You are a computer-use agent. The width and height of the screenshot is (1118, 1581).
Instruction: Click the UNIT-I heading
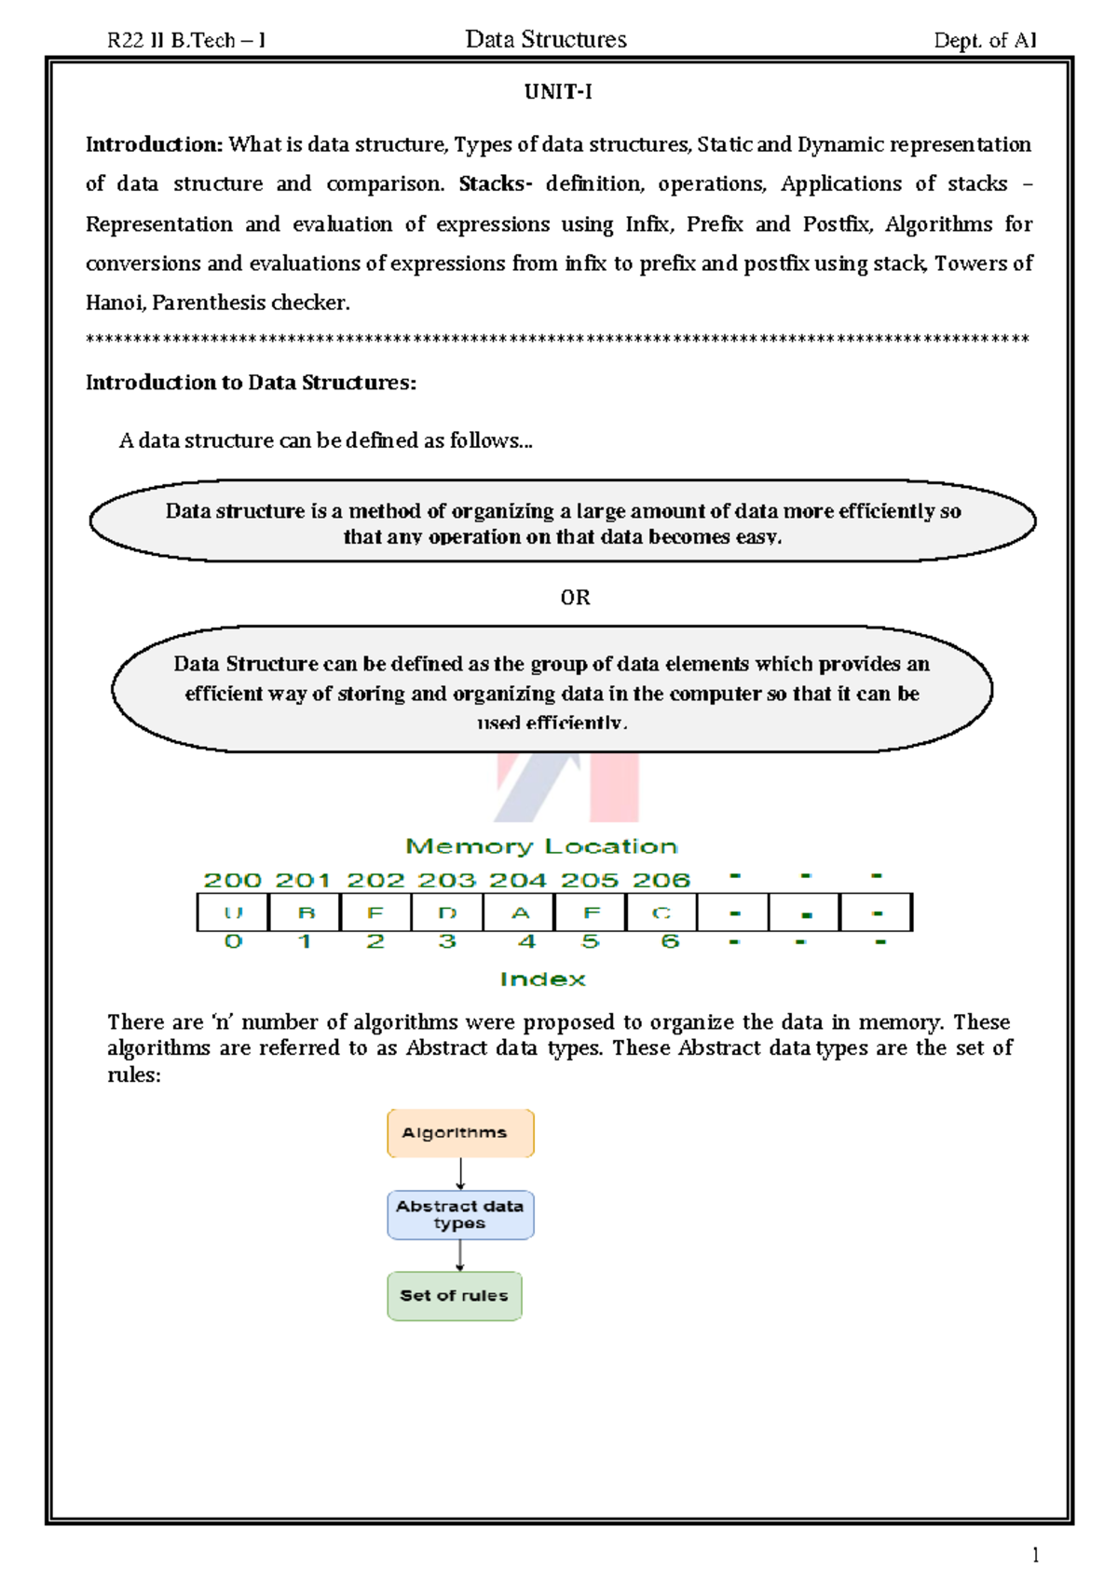(558, 92)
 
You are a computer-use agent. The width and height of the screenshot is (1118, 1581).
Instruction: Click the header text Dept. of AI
(985, 40)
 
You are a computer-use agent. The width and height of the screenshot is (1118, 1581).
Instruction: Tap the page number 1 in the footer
(1035, 1554)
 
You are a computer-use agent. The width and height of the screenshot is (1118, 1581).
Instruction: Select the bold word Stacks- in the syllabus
(495, 184)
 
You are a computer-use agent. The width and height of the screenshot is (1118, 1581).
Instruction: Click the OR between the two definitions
(575, 598)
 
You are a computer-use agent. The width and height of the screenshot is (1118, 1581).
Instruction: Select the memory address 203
(446, 881)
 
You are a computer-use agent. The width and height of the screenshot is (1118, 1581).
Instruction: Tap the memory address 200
(232, 881)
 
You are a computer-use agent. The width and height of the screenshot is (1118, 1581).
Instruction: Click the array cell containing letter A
(520, 913)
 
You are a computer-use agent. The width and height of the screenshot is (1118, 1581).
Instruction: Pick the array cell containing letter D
(447, 913)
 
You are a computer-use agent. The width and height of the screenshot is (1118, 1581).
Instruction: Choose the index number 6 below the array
(669, 941)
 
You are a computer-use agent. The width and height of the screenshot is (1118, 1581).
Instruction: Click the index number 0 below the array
(233, 941)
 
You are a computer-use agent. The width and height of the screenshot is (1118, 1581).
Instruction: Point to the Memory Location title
(541, 846)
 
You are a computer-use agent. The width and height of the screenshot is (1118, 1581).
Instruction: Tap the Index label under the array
(542, 980)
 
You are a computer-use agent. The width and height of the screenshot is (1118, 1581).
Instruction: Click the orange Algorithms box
(460, 1133)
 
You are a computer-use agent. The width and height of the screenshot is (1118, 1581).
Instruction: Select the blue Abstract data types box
(460, 1215)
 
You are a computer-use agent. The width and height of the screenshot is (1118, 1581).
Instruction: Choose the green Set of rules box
(455, 1296)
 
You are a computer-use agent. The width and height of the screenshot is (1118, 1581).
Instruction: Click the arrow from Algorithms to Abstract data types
(460, 1173)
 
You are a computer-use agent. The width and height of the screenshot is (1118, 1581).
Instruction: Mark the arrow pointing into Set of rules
(459, 1255)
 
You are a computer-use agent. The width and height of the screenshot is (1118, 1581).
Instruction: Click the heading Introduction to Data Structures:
(251, 383)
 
